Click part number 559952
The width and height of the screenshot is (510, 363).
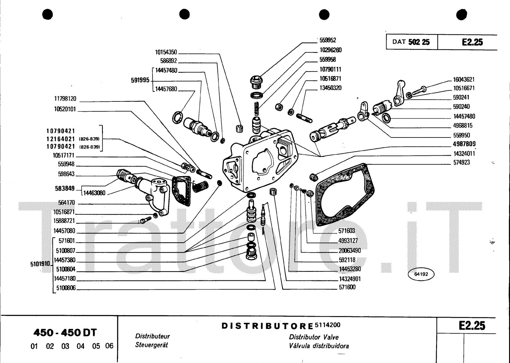point(328,40)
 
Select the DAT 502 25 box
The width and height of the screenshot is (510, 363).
point(412,42)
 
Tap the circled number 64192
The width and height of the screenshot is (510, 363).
point(421,274)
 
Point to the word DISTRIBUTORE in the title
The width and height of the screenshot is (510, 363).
point(267,326)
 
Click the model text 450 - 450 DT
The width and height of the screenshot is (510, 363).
point(65,333)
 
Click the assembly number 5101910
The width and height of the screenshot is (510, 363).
point(40,264)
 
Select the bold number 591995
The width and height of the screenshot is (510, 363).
point(140,80)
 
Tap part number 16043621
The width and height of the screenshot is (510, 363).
point(464,79)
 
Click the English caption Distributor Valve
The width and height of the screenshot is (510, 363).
point(314,337)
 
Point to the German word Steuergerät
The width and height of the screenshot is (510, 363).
point(151,345)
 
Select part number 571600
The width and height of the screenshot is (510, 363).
point(347,287)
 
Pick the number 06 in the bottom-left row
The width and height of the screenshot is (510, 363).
point(109,346)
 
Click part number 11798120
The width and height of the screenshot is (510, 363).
point(65,99)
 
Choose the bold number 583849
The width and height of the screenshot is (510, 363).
point(65,188)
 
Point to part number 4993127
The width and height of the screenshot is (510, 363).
point(349,241)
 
